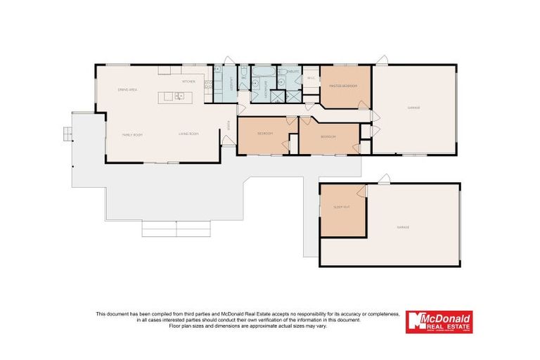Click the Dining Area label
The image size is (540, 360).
click(x=127, y=89)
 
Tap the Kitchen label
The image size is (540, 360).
click(x=188, y=82)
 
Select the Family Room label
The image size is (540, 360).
click(x=132, y=134)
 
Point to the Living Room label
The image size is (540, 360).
click(x=188, y=134)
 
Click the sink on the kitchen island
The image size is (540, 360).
click(x=179, y=96)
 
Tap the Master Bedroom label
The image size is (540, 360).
click(x=343, y=86)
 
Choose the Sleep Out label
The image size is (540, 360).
click(x=342, y=207)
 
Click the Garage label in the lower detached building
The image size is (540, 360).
click(x=403, y=227)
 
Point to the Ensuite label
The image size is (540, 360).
click(x=293, y=72)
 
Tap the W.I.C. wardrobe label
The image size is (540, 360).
click(x=311, y=78)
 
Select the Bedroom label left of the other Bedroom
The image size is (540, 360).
click(x=264, y=133)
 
